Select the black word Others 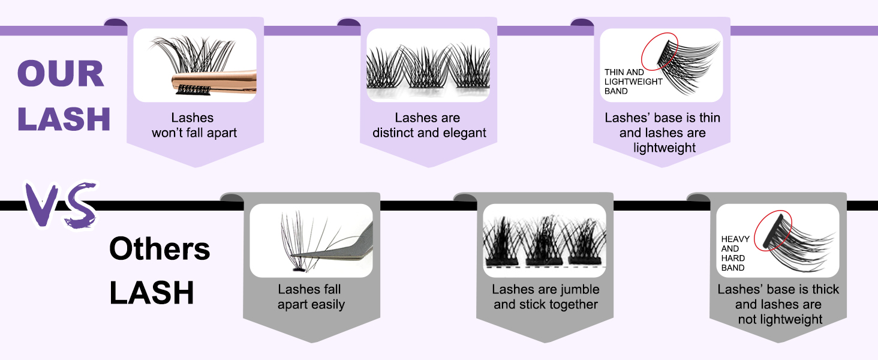(160, 249)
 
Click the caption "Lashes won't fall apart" (194, 125)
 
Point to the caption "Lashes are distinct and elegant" (429, 125)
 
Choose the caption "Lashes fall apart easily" (311, 296)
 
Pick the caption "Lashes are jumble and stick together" (545, 297)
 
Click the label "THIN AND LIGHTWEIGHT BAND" (633, 82)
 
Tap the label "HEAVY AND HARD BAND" (735, 254)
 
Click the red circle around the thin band (660, 50)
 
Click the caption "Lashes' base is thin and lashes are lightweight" (662, 133)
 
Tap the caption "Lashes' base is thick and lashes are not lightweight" (778, 304)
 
